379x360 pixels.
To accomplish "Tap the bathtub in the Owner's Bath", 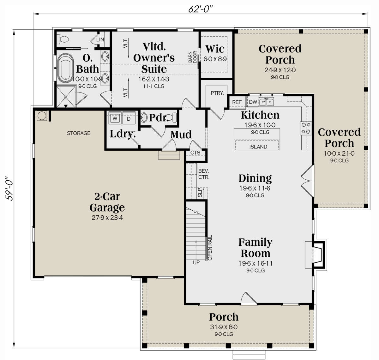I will point(65,68).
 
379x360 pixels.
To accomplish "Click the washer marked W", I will point(115,119).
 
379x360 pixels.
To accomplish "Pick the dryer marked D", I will point(129,119).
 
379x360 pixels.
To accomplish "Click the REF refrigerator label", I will point(237,102).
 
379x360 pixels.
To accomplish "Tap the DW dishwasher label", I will point(253,102).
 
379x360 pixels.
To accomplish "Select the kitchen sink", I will point(266,102).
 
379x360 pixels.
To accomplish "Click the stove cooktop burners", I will point(306,128).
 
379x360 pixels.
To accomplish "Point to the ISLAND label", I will point(258,147).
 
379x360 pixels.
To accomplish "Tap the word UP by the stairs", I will point(196,262).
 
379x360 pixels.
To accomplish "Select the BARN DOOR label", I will point(193,57).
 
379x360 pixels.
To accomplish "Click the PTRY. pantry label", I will point(217,93).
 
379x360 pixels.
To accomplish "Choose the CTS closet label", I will point(195,153).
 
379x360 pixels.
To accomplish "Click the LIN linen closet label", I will point(100,39).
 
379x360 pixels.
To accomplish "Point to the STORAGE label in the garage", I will point(78,133).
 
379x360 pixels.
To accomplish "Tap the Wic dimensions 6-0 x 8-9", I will point(215,59).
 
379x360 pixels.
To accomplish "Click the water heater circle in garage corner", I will point(41,116).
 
